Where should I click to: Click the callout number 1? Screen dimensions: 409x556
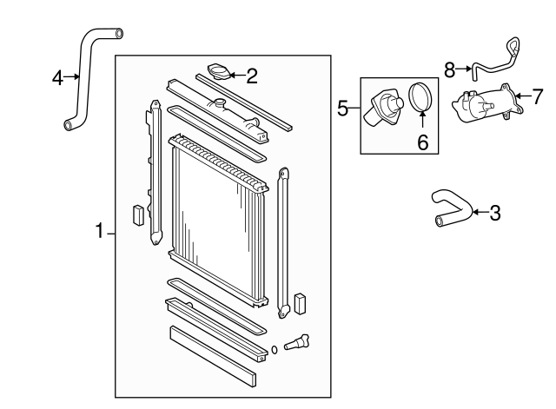coord(101,232)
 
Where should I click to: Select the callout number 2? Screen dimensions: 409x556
coord(252,76)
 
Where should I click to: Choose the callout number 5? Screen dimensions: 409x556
coord(343,109)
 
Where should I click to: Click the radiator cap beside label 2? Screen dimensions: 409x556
coord(217,70)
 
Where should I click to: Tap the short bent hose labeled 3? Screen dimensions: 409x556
coord(452,211)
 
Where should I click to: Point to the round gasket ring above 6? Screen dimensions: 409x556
coord(420,98)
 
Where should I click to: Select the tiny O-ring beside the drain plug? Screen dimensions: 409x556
coord(275,350)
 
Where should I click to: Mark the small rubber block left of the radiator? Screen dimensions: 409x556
coord(136,214)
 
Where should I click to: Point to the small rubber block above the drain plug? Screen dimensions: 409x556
coord(301,303)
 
